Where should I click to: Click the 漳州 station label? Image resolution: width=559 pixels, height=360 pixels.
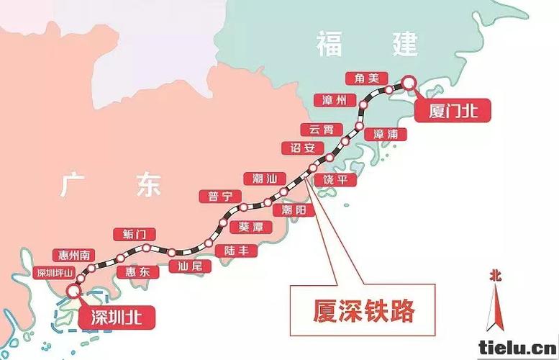click(x=335, y=99)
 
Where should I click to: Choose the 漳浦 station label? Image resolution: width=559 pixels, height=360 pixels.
click(x=386, y=134)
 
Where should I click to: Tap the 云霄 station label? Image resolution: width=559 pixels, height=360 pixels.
click(x=322, y=130)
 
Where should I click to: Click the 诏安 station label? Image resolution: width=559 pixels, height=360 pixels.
click(x=302, y=148)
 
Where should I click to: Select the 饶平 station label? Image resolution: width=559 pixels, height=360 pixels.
click(x=339, y=180)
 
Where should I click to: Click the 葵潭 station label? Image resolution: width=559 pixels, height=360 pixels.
click(x=250, y=226)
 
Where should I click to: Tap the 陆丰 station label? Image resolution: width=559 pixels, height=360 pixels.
click(x=236, y=251)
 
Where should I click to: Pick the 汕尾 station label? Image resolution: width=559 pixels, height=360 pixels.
click(x=189, y=266)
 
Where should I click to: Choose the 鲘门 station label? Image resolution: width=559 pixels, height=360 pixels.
click(x=135, y=234)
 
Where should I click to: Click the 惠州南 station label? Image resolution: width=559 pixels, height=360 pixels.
click(x=75, y=255)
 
